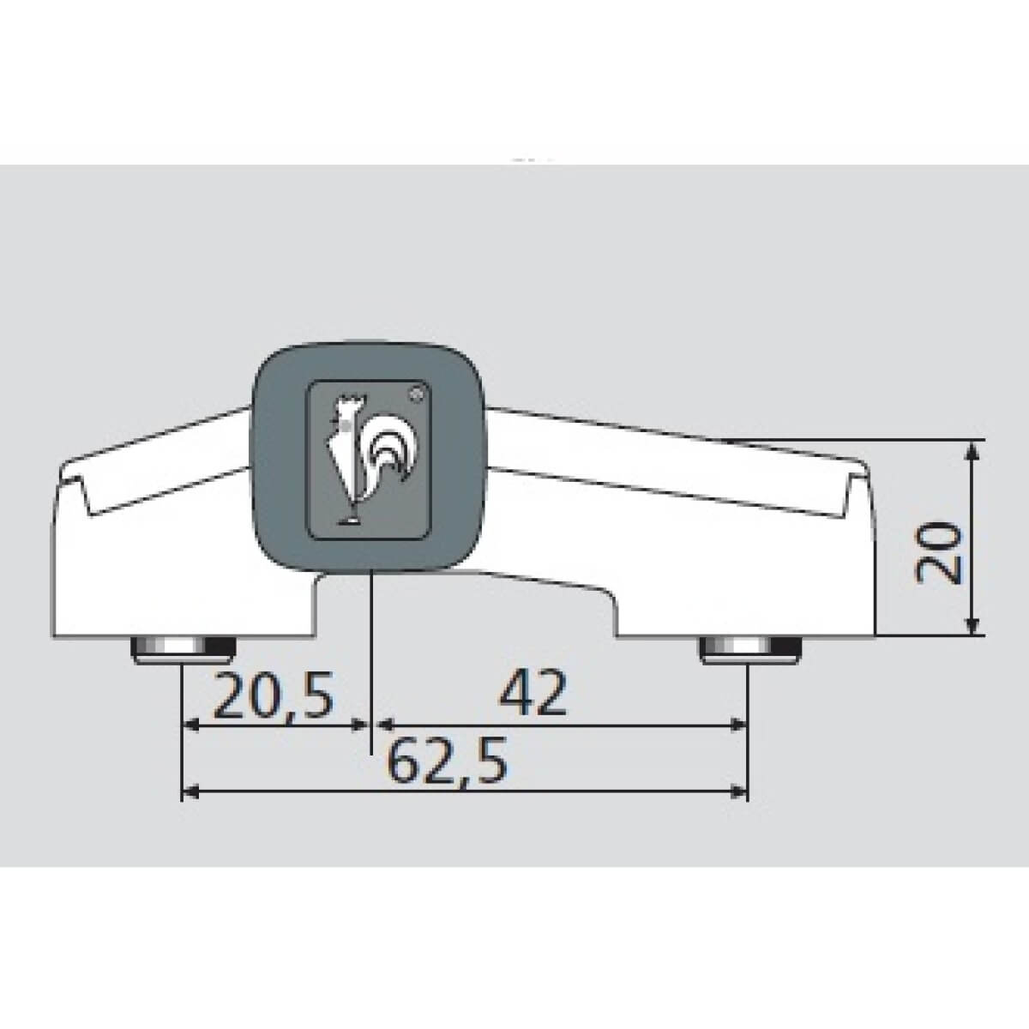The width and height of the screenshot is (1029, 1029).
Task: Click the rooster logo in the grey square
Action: coord(371,460)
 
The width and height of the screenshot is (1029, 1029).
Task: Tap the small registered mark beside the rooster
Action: coord(416,395)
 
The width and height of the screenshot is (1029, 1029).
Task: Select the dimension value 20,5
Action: coord(274,695)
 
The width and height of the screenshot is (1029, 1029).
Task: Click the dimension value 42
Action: coord(533,693)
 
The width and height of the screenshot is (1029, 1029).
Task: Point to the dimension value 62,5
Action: coord(446,760)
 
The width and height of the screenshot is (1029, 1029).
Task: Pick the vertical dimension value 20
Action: coord(938,553)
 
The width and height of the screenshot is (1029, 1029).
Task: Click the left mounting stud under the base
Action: coord(184,650)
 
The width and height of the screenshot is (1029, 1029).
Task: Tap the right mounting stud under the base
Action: coord(750,650)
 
